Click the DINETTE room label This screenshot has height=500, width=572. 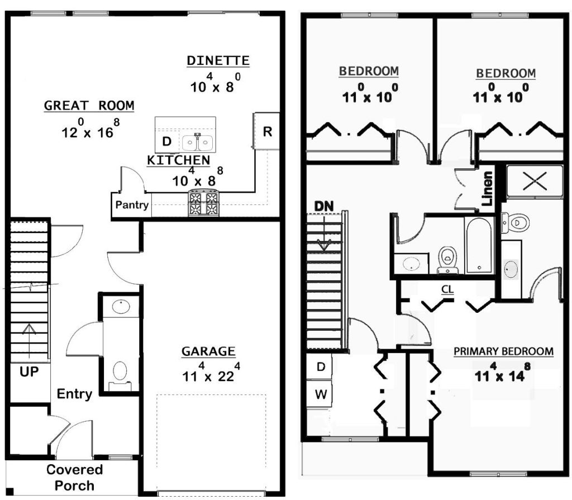pos(218,60)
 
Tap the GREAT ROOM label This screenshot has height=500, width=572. pos(89,106)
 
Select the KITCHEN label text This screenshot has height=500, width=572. pos(178,160)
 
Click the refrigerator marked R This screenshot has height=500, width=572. pos(266,131)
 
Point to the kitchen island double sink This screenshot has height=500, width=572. pos(198,142)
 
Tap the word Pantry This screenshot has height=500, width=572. pos(132,204)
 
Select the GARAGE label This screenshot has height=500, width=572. pos(208,351)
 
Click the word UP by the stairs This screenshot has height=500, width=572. pos(29,372)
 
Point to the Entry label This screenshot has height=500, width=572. pos(74,394)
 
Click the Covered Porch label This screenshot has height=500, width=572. pos(74,477)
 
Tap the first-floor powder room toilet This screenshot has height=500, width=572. pos(120,375)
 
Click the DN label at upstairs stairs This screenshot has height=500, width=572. pos(324,206)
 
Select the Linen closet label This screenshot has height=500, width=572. pos(487,188)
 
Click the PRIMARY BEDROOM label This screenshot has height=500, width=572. pos(503,351)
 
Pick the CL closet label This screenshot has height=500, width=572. pos(447,289)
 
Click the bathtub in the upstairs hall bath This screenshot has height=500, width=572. pos(479,245)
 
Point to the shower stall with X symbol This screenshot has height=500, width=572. pos(535,182)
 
